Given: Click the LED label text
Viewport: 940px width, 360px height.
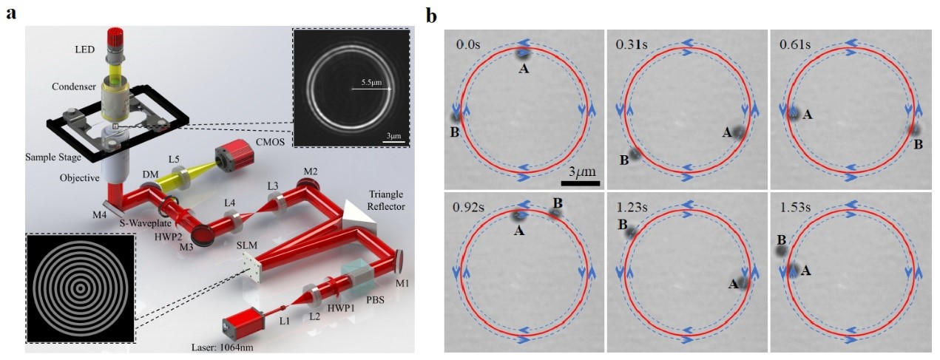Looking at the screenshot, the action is click(x=84, y=50).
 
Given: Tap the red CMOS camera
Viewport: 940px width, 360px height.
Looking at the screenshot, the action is click(x=234, y=157).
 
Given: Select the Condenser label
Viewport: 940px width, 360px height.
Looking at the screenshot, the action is click(x=74, y=86).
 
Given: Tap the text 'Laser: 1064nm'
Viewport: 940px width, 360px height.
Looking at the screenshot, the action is click(x=223, y=348).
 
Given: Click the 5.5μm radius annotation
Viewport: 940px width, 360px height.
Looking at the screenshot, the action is click(x=371, y=83).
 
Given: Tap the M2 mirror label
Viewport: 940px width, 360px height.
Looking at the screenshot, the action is click(x=311, y=171).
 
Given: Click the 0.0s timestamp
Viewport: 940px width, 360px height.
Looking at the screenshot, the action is click(x=468, y=44).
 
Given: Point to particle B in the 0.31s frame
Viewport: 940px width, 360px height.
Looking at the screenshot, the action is click(x=635, y=154).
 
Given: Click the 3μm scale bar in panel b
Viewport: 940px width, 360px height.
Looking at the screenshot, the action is click(x=581, y=183).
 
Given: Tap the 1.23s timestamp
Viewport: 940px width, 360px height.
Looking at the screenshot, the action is click(x=632, y=207).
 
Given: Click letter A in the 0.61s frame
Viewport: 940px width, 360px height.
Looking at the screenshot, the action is click(x=808, y=114).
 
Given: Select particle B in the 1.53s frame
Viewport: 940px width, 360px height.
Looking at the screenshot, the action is click(x=781, y=251).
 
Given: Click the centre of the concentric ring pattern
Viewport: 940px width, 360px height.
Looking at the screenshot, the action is click(x=81, y=288).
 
